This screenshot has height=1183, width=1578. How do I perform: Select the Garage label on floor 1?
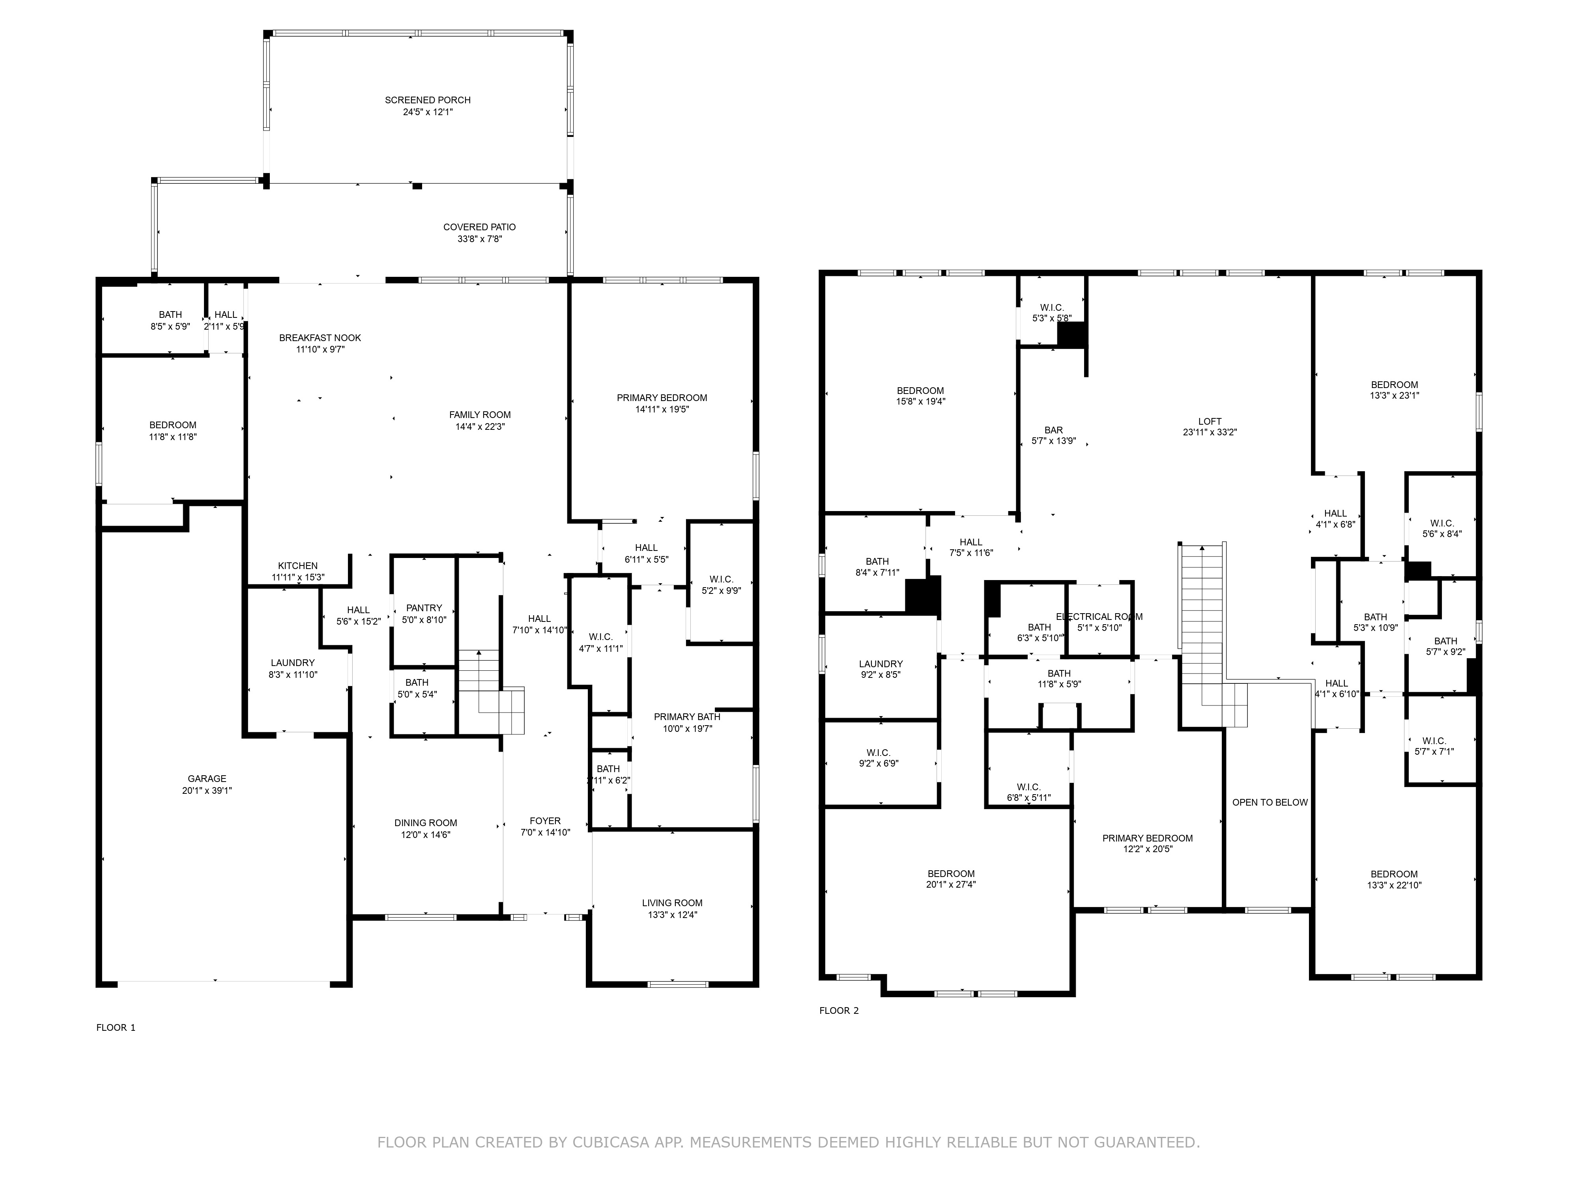point(207,779)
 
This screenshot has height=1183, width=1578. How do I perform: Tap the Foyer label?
point(545,821)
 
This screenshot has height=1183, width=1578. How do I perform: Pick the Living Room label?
point(672,903)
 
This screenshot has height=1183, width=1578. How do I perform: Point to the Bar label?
point(1054,430)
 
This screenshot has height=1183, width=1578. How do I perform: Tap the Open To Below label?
point(1270,802)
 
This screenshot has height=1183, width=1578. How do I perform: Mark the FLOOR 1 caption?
point(116,1028)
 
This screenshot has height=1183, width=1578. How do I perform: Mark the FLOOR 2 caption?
point(839,1010)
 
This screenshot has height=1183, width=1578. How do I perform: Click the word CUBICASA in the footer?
point(611,1142)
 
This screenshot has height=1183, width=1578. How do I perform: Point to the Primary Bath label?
point(687,717)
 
